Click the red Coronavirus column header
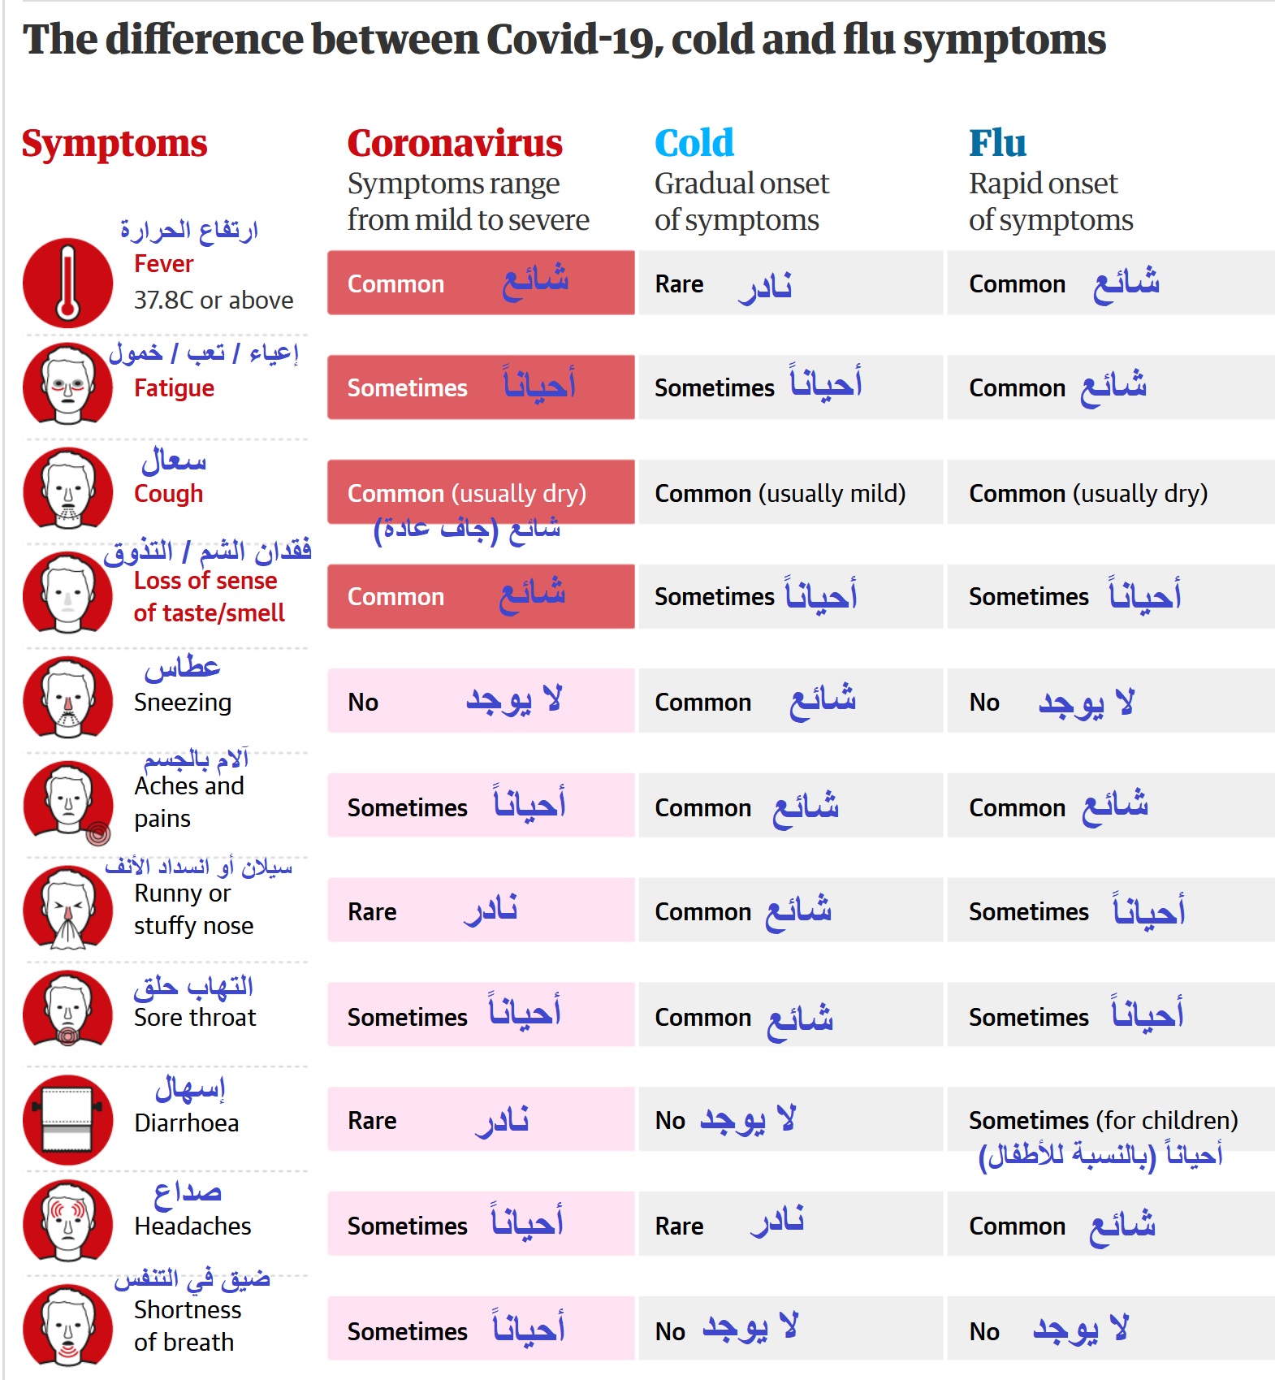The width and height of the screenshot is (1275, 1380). (455, 143)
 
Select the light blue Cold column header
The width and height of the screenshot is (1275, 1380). (694, 143)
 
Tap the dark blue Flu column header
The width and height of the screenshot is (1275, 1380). (997, 143)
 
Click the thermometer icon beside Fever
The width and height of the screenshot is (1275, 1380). (67, 283)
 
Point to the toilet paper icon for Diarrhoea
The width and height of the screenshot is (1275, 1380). (67, 1119)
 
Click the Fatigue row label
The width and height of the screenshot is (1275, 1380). (174, 388)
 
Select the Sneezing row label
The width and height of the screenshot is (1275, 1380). (183, 702)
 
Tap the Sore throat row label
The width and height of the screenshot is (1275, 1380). (195, 1017)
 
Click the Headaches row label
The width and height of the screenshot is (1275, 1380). (192, 1226)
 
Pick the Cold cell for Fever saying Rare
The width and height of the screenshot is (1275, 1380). (790, 283)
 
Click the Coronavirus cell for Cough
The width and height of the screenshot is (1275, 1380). (481, 492)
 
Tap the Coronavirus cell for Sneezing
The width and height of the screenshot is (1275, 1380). (481, 701)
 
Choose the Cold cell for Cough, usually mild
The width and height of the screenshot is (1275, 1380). (790, 492)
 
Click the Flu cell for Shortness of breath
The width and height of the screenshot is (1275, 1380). (1110, 1329)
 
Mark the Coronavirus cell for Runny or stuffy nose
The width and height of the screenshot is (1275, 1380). (481, 910)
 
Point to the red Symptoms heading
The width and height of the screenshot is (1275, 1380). (115, 144)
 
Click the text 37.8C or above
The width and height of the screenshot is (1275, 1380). (214, 301)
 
